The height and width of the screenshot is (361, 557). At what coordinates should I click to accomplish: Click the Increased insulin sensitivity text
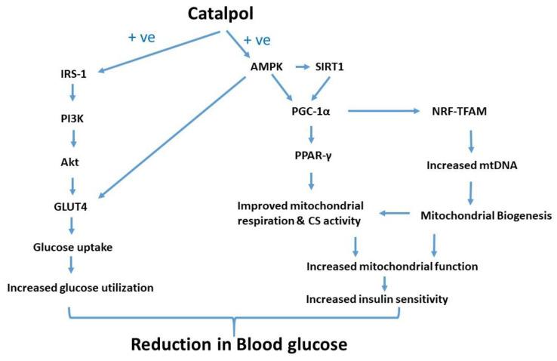coord(377,299)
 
